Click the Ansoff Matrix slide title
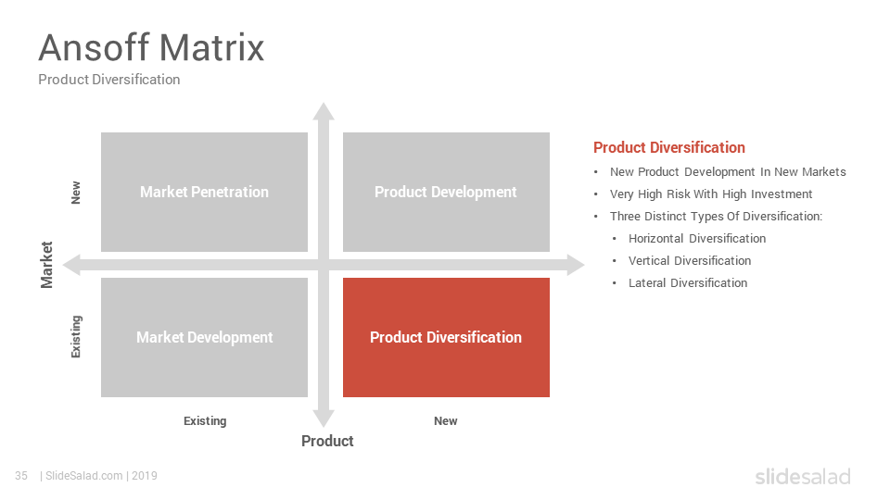(151, 47)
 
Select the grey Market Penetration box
(204, 193)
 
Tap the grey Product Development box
(446, 193)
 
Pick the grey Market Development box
(204, 337)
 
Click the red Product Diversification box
(446, 337)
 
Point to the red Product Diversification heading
(669, 147)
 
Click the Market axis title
(46, 265)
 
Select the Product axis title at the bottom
(327, 441)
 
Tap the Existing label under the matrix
(205, 421)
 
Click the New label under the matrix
(446, 421)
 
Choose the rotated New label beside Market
(75, 193)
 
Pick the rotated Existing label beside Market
(76, 337)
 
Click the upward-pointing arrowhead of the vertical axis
(324, 111)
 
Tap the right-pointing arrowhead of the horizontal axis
(576, 265)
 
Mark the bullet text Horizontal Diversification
(697, 239)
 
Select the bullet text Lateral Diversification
(688, 283)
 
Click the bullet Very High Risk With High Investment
(711, 194)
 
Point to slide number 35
(21, 476)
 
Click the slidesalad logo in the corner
(803, 476)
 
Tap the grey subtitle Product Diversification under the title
(109, 80)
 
